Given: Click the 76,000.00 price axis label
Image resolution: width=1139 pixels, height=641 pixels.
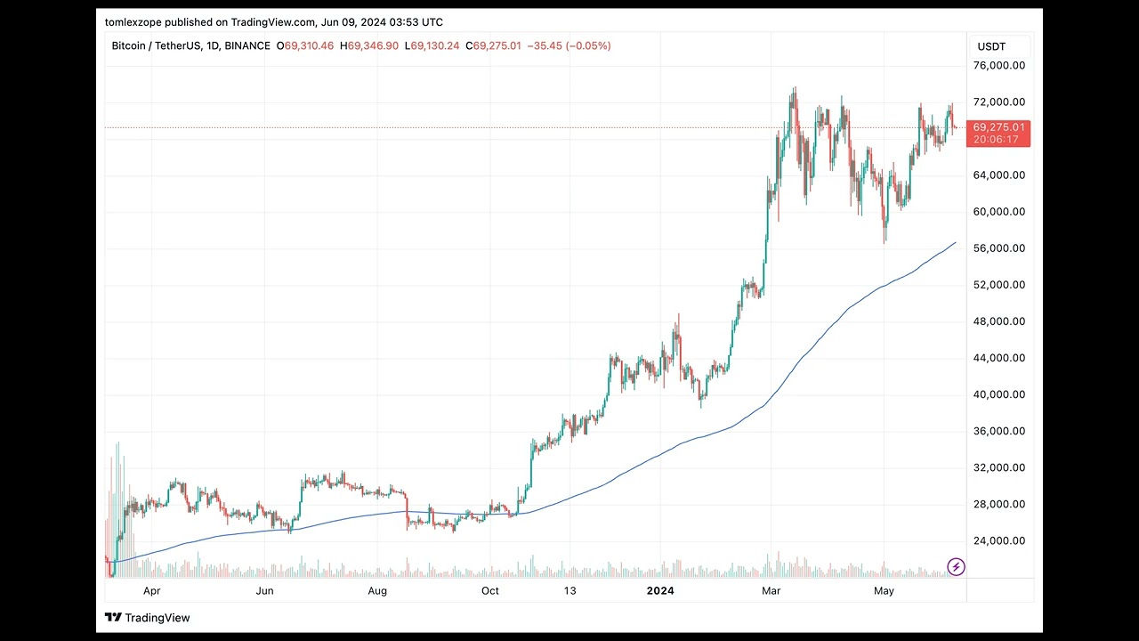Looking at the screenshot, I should point(1000,66).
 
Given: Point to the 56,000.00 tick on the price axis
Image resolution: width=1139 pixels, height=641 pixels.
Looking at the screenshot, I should point(1000,248).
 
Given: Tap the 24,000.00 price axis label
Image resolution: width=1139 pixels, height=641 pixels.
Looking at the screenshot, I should point(1000,540).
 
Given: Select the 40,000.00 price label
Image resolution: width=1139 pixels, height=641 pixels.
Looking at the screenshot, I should point(1000,394).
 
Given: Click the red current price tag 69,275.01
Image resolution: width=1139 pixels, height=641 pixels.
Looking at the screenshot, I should point(998,127).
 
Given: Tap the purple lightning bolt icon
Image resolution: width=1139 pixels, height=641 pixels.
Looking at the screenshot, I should point(956,566).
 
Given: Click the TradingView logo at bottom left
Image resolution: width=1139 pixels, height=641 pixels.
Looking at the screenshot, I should point(147,618).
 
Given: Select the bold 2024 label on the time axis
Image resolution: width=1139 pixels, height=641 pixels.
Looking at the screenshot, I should point(660,590).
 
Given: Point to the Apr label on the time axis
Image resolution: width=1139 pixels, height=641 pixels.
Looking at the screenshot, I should point(151,590).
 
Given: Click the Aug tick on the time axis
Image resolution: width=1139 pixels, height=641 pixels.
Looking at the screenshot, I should point(377,590).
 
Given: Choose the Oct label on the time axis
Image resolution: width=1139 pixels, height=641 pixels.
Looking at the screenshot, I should point(489,590).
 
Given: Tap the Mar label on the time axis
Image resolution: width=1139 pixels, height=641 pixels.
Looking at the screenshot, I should point(772,590).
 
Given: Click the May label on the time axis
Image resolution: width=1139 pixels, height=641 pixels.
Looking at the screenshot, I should point(884,590).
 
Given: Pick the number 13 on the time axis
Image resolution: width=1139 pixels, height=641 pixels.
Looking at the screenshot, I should point(569,590).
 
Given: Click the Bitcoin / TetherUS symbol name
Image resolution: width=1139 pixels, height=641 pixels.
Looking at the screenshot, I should point(156,45).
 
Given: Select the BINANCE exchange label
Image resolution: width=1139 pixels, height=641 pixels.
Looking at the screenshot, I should point(246,45).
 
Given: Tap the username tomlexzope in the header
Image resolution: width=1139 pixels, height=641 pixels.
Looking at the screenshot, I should point(133,22).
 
